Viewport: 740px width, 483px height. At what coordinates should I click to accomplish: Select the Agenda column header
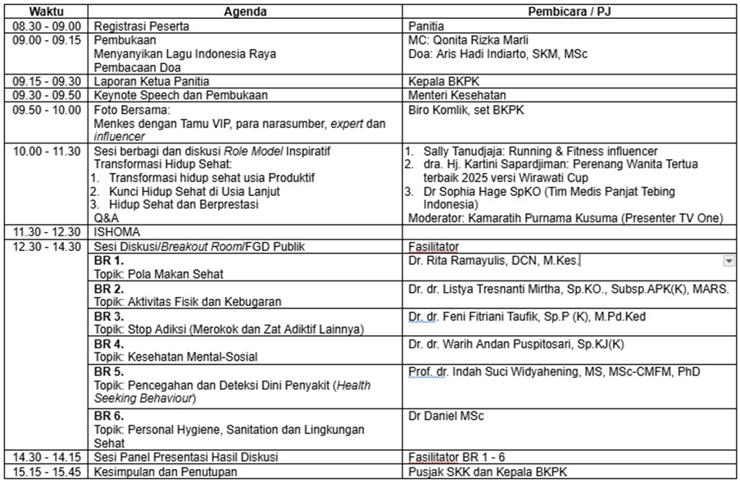tap(246, 12)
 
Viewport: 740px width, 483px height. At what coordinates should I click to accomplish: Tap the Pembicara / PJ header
tap(570, 12)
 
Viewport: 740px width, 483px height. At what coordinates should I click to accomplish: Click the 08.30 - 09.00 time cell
tap(47, 26)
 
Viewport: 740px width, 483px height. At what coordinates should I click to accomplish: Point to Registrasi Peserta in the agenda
tap(142, 26)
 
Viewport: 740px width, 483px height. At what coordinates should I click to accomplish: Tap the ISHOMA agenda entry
tap(118, 232)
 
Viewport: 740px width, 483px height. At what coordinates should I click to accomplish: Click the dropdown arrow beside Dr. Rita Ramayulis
tap(729, 261)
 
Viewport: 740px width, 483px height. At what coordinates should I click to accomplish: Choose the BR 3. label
tap(109, 316)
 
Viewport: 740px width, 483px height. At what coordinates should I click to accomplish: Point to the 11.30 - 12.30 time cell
tap(47, 232)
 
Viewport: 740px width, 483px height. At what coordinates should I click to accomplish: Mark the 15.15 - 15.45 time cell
tap(47, 472)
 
